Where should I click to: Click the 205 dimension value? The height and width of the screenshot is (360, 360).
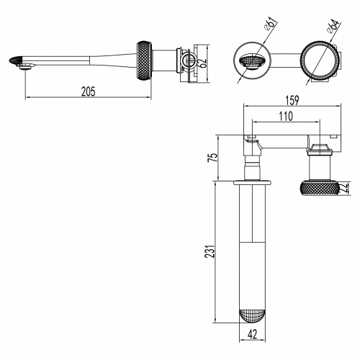89,91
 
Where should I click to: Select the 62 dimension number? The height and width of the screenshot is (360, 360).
203,63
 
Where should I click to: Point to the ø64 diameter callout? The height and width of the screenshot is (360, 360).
333,27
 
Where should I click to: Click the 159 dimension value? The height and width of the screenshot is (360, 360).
292,100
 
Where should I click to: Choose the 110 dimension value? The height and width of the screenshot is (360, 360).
286,116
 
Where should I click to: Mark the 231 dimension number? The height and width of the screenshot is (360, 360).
209,251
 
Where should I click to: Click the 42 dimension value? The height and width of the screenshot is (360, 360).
252,334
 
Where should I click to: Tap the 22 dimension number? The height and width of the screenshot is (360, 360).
346,187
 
